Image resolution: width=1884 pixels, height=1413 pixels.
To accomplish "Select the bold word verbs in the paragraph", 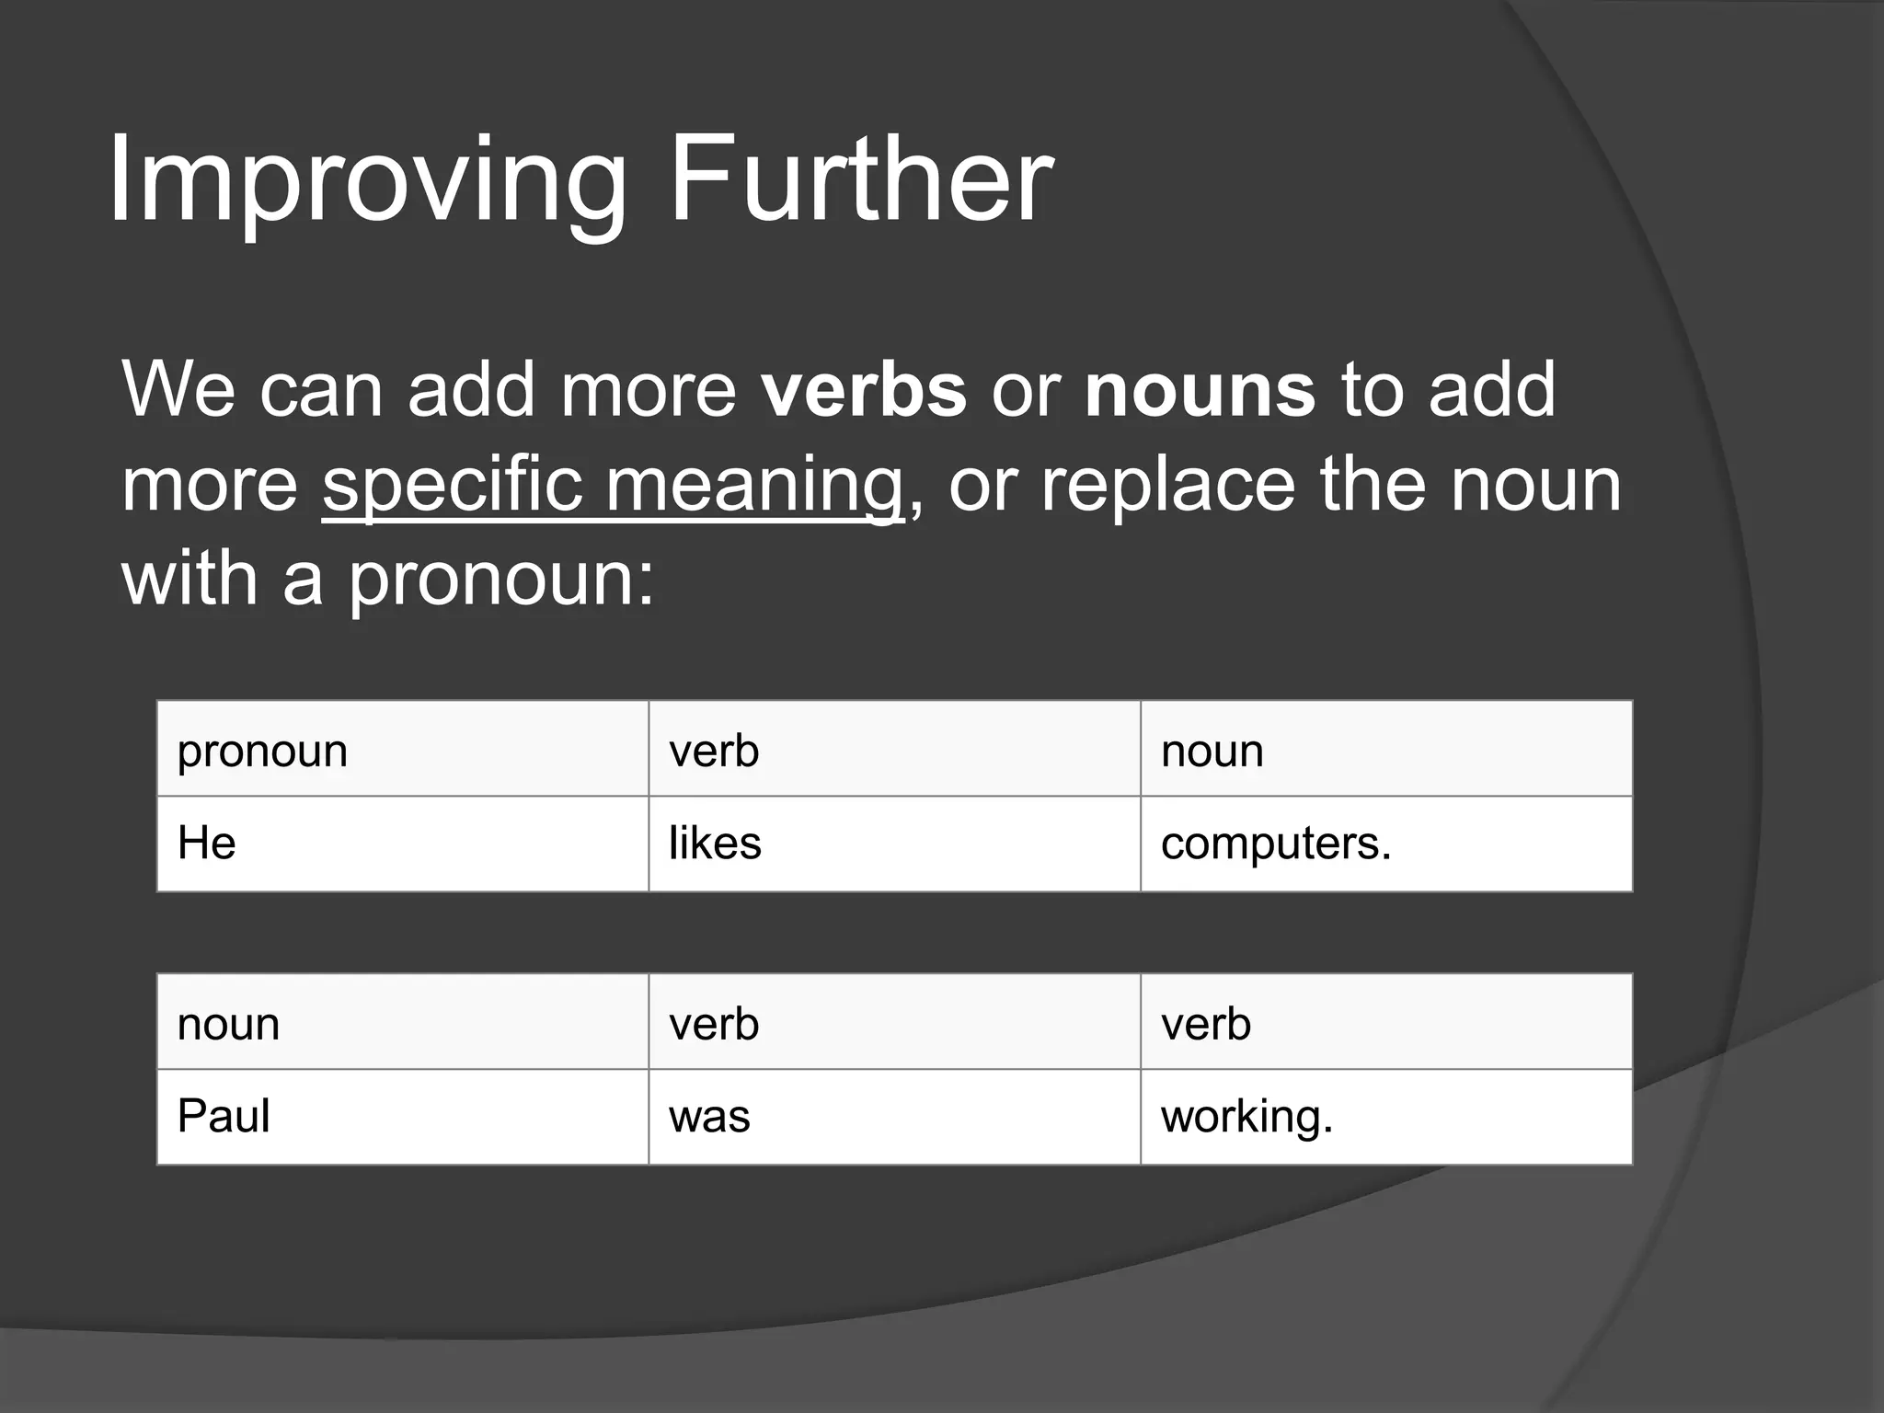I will click(864, 391).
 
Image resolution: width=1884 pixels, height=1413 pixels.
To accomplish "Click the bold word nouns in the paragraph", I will click(1200, 391).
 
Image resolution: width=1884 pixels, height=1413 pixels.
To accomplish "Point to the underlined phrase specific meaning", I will click(613, 486).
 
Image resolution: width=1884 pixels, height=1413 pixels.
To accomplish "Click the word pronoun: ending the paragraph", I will click(501, 581).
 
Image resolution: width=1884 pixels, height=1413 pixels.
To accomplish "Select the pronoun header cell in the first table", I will click(402, 750).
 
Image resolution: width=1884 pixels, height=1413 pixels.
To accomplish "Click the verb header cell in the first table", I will click(894, 750).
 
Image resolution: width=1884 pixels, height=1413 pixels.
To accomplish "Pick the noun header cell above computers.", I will click(1385, 750).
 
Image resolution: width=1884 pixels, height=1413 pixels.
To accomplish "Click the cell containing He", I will click(402, 844).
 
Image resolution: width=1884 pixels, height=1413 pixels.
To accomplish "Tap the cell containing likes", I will click(894, 844).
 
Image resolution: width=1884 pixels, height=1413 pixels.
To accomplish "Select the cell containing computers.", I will click(1385, 844).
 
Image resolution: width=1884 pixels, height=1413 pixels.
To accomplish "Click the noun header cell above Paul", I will click(402, 1023).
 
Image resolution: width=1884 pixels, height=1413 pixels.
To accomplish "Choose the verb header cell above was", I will click(894, 1023).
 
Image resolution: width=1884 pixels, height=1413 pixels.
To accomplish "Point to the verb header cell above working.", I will click(1385, 1023).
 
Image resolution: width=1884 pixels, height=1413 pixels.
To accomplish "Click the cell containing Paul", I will click(402, 1117).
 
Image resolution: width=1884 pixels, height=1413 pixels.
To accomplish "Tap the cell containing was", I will click(894, 1117).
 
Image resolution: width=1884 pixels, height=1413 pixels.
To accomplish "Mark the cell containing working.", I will click(1385, 1117).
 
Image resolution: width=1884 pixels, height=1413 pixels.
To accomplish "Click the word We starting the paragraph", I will click(178, 391).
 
